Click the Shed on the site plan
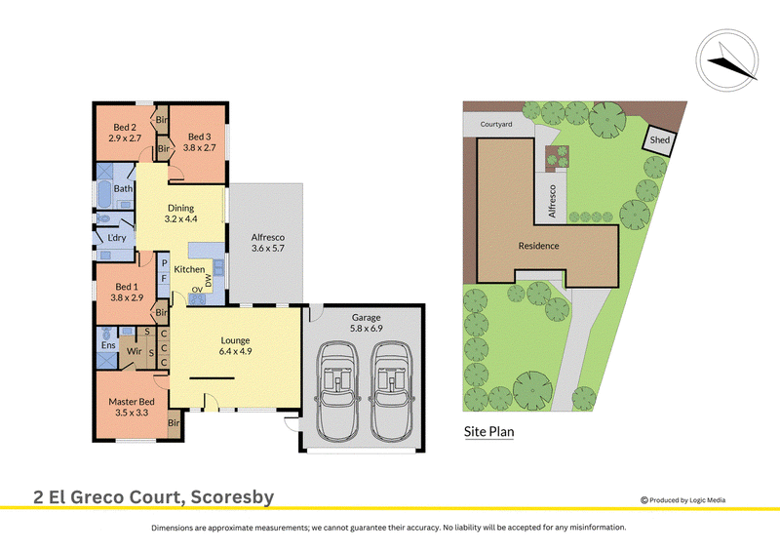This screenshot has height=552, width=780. point(659,139)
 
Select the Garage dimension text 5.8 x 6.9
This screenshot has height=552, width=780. point(367,329)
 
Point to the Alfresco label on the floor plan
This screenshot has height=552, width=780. point(267,237)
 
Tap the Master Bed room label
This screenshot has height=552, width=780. point(132,401)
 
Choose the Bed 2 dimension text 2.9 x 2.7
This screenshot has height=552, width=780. point(125,138)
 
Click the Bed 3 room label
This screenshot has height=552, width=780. point(200,137)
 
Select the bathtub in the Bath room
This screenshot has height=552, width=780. point(104,194)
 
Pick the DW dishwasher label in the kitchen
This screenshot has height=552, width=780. point(208,281)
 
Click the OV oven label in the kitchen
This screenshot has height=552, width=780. point(197,290)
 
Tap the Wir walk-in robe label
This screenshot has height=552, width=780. point(135,351)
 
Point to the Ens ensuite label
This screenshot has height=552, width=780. point(108,345)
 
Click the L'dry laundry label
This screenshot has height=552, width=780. point(117,238)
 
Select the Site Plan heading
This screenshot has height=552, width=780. point(489,431)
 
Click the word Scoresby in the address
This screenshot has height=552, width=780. point(232,497)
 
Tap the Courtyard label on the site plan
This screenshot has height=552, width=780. point(496,125)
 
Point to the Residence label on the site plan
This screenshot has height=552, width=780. point(539,246)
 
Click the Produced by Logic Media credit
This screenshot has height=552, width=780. point(683,500)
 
